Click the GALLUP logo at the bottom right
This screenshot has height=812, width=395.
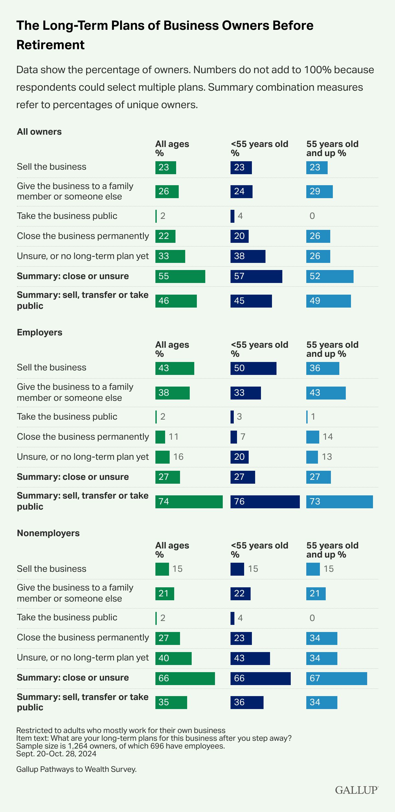point(356,790)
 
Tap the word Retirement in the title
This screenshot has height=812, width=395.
point(51,45)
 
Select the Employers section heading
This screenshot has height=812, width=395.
point(39,333)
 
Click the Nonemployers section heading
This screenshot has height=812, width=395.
point(48,533)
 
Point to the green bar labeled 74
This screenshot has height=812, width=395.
point(189,502)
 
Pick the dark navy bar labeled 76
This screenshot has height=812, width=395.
point(265,502)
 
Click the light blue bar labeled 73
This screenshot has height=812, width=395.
point(339,502)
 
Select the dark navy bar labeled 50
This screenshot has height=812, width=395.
point(253,368)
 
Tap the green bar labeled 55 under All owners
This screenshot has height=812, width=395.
point(180,276)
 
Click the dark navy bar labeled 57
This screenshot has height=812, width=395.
point(256,276)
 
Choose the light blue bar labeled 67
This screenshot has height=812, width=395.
point(336,678)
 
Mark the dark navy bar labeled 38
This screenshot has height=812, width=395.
point(248,256)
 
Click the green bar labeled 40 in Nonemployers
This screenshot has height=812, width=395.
point(173,658)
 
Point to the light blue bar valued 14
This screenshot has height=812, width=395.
point(312,437)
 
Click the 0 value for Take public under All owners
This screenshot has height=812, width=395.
point(312,216)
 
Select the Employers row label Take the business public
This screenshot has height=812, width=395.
point(67,417)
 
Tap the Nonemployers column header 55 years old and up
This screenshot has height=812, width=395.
point(332,550)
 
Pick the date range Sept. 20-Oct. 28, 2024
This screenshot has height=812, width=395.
point(56,754)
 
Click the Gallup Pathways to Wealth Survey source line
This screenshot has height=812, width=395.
point(76,769)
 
